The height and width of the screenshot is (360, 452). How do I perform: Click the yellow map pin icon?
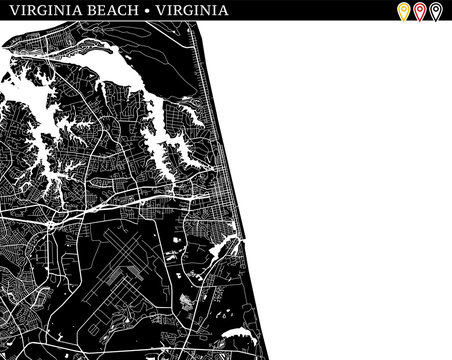404,12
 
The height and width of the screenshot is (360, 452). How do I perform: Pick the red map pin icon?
420,12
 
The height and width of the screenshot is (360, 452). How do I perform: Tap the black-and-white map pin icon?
436,12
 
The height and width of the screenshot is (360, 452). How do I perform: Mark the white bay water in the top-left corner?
20,45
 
